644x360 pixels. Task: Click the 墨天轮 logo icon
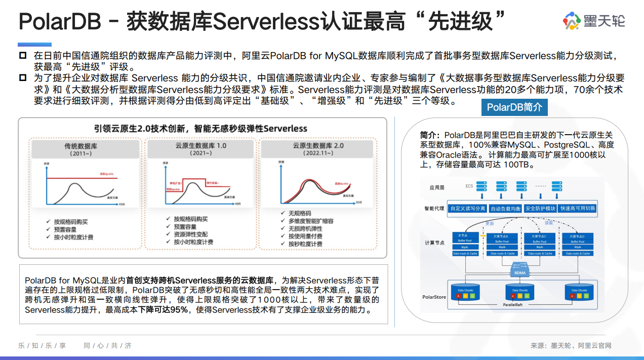[x=572, y=21]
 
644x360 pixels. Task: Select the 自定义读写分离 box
[x=467, y=209]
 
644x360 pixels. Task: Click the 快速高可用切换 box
[x=578, y=209]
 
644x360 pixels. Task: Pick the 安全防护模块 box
[x=540, y=209]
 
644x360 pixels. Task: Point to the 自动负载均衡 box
[x=505, y=209]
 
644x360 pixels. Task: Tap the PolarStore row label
[x=434, y=297]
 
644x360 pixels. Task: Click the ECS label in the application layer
[x=469, y=186]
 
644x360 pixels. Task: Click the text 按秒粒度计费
[x=305, y=244]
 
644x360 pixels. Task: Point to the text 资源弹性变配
[x=190, y=234]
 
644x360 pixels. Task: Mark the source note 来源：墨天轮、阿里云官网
[x=571, y=345]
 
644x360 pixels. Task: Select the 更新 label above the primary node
[x=489, y=223]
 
